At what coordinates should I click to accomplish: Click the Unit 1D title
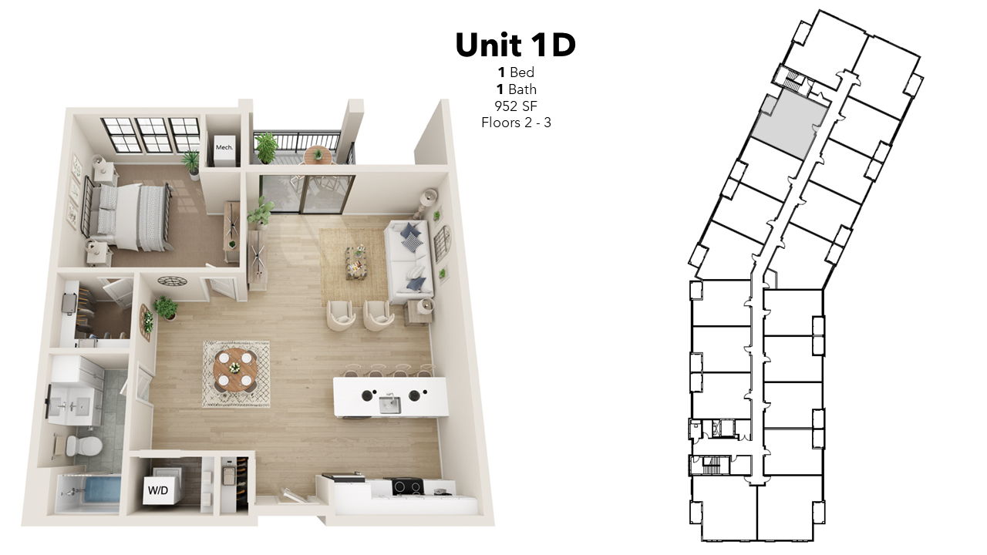click(516, 45)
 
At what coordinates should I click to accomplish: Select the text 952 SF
click(516, 106)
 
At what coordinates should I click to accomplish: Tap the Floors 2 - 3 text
click(516, 123)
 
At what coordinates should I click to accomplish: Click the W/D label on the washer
click(158, 490)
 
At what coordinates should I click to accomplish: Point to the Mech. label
click(224, 147)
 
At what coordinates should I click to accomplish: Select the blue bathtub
click(103, 493)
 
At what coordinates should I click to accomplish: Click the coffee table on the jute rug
click(356, 264)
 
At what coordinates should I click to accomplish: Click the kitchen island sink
click(390, 405)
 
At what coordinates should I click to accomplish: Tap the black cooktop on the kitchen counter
click(408, 486)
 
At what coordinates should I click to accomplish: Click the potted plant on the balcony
click(266, 147)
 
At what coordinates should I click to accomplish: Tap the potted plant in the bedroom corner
click(192, 164)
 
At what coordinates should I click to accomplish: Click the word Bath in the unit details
click(522, 89)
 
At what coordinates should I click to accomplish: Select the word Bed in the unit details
click(522, 72)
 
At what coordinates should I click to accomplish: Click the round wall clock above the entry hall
click(172, 281)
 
